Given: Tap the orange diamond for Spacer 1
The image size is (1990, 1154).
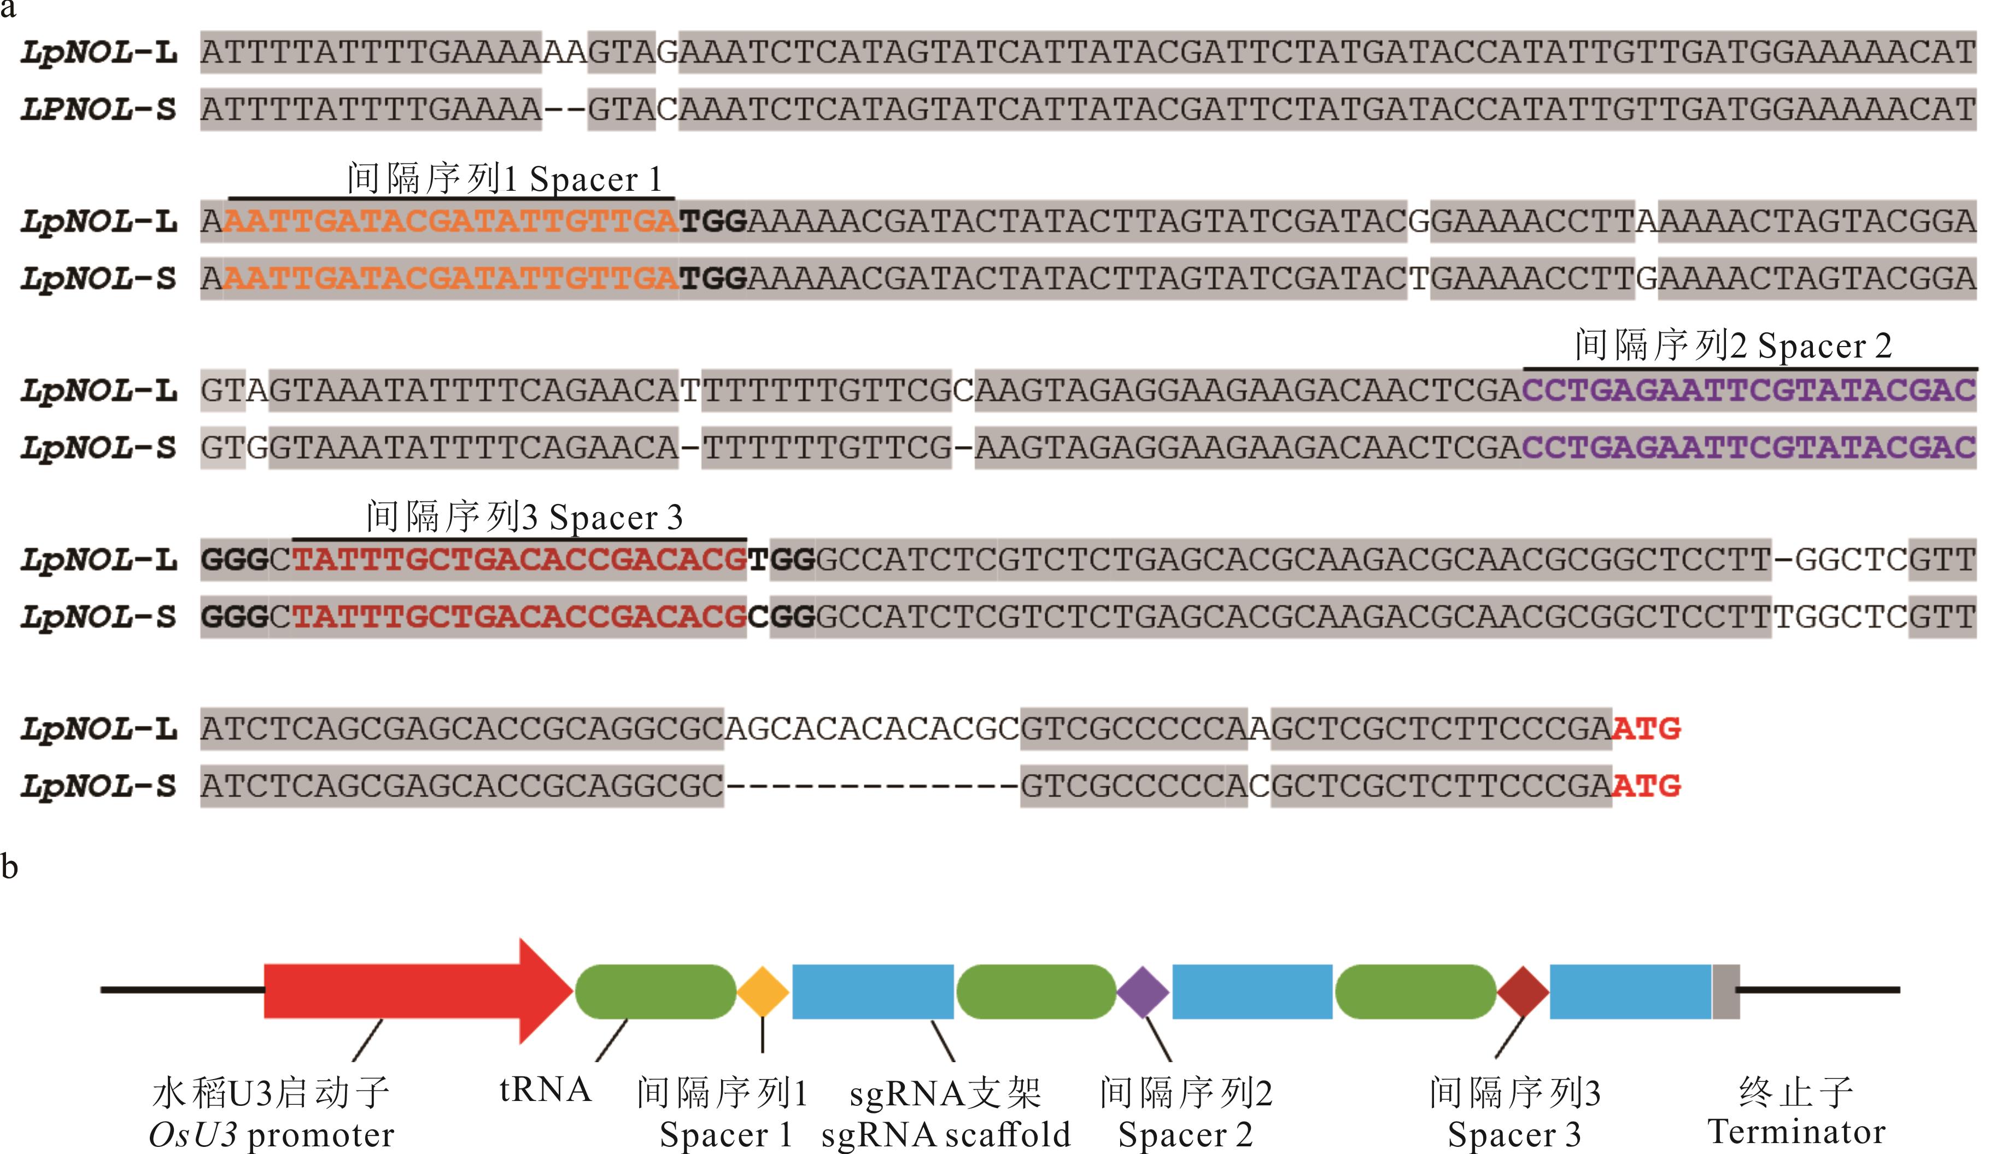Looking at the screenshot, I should (x=763, y=991).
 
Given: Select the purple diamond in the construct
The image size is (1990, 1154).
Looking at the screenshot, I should (x=1143, y=991).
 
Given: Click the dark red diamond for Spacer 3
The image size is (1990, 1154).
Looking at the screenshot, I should (x=1523, y=991).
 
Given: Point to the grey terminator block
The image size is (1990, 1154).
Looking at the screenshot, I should (x=1725, y=991).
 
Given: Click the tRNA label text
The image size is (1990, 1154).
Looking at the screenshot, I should (x=546, y=1090).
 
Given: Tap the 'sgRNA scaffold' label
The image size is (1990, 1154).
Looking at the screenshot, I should (x=946, y=1135).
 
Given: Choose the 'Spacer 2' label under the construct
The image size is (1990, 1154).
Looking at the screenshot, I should (x=1185, y=1135).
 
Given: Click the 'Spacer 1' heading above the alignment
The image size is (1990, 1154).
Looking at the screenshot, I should (x=595, y=180).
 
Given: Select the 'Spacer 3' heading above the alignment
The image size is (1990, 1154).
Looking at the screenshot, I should (x=616, y=517).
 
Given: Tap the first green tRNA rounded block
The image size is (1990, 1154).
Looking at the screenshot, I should (x=655, y=991).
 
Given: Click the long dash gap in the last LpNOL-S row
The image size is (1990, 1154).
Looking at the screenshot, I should (x=872, y=786).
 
